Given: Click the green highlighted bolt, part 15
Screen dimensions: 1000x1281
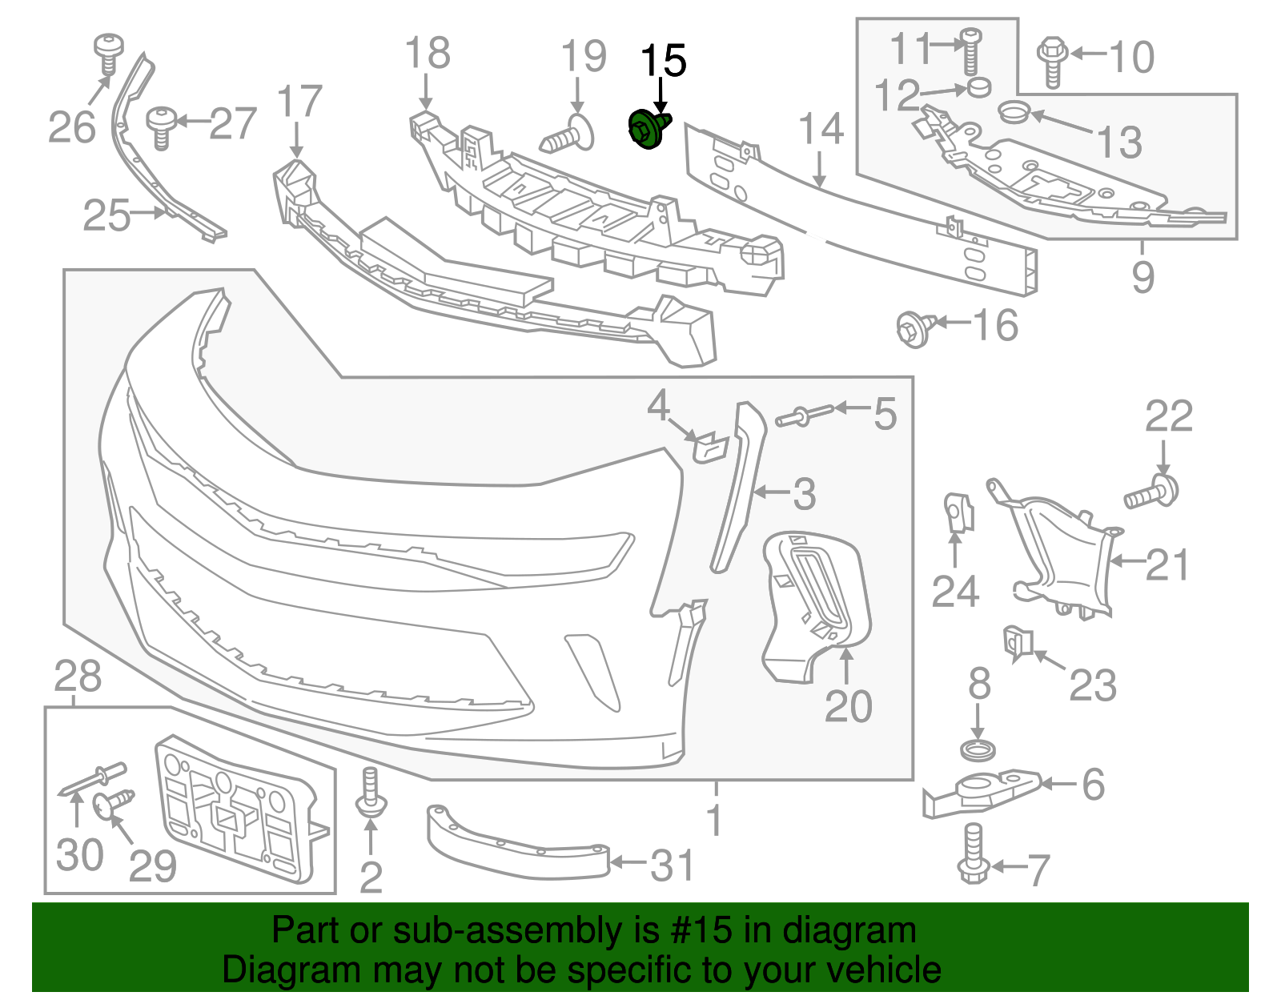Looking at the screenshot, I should coord(648,131).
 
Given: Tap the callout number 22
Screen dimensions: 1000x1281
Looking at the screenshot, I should coord(1168,417).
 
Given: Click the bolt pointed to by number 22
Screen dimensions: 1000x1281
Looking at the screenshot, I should coord(1154,492).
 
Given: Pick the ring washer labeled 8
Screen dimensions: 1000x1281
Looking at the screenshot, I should coord(978,751).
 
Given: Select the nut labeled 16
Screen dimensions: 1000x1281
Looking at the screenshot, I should coord(915,328).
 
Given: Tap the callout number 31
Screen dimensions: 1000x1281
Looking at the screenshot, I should coord(672,865).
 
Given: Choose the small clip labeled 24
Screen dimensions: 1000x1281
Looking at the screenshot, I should coord(958,512).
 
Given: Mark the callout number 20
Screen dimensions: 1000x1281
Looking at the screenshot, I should coord(848,706).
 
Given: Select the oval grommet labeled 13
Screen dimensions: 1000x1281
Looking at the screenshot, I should coord(1014,112).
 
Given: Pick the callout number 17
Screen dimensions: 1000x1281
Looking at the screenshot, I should coord(299,102).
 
